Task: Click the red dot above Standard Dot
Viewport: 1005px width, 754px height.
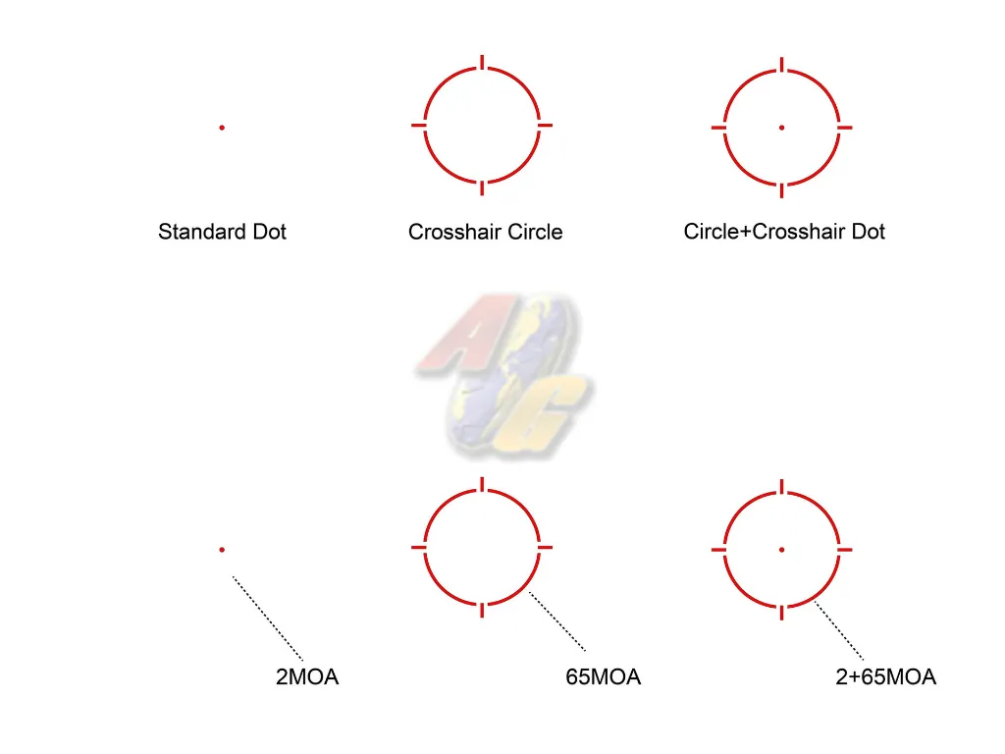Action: pyautogui.click(x=222, y=128)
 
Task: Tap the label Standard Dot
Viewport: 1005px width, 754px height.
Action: pyautogui.click(x=222, y=232)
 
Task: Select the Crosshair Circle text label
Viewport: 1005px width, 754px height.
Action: pyautogui.click(x=485, y=232)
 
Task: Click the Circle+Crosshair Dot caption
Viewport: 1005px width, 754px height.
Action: pyautogui.click(x=784, y=232)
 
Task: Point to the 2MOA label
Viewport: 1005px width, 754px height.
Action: pyautogui.click(x=307, y=676)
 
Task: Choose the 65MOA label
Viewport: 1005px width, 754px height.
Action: pyautogui.click(x=604, y=676)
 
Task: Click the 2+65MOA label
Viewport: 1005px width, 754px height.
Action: pyautogui.click(x=886, y=676)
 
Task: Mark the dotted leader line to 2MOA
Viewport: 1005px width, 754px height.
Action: pyautogui.click(x=267, y=619)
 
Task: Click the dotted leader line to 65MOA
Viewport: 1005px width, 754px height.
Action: pyautogui.click(x=557, y=621)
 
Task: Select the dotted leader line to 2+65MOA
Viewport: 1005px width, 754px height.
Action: pyautogui.click(x=839, y=631)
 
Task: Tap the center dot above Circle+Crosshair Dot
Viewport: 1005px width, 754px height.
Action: pyautogui.click(x=781, y=128)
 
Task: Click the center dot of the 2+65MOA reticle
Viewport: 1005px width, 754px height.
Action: pyautogui.click(x=781, y=550)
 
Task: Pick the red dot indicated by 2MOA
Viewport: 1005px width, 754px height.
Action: pyautogui.click(x=222, y=550)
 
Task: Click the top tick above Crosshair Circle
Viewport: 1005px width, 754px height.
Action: pyautogui.click(x=482, y=62)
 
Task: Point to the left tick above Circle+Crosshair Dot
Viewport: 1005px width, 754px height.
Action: pyautogui.click(x=718, y=128)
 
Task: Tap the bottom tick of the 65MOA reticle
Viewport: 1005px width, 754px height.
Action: pyautogui.click(x=482, y=611)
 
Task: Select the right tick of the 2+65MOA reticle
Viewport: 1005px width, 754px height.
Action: pyautogui.click(x=845, y=550)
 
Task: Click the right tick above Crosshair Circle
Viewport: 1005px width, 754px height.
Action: pyautogui.click(x=545, y=125)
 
